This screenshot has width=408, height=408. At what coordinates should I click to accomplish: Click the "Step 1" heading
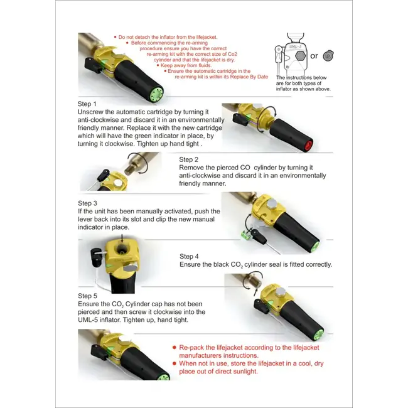87,104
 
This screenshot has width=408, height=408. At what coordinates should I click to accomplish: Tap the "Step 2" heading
189,159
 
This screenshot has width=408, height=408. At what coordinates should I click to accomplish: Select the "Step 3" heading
87,203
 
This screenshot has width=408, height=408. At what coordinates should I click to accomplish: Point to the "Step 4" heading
189,256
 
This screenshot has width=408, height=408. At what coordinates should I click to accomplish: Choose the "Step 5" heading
87,296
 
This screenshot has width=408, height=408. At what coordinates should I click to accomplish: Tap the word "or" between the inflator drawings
314,56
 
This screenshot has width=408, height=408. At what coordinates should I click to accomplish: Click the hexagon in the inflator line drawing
300,56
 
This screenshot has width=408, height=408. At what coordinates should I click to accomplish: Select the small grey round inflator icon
328,56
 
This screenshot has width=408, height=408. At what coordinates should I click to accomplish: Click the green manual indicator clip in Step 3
245,234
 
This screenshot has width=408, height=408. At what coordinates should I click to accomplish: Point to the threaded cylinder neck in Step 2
128,169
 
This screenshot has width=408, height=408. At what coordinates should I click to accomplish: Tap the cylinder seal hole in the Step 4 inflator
121,250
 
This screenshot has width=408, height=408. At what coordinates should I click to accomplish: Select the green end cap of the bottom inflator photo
164,377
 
